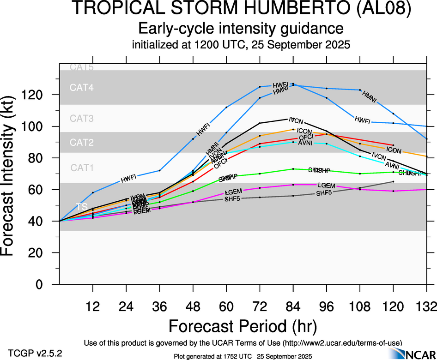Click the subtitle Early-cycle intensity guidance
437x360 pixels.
(241, 29)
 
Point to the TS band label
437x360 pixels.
(81, 207)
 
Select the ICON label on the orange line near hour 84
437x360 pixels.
(304, 132)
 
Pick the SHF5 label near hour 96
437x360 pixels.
(324, 193)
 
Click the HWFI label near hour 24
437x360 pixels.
(128, 178)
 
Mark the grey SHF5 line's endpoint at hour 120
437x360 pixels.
(393, 182)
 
